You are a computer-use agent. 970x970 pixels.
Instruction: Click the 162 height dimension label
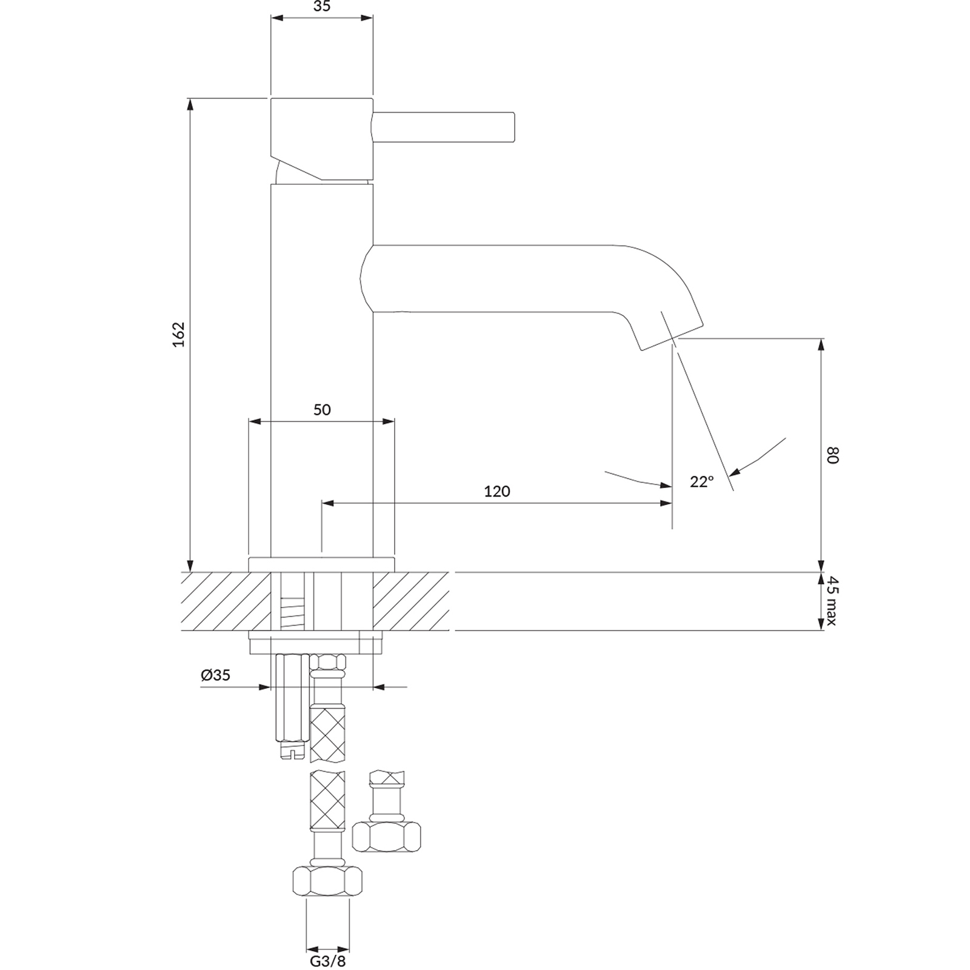coord(178,334)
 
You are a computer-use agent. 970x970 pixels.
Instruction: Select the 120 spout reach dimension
coord(497,491)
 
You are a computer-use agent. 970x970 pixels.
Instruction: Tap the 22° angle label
coord(701,482)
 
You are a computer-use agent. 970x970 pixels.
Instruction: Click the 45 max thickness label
coord(832,601)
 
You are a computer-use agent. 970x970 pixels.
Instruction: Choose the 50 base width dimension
coord(322,410)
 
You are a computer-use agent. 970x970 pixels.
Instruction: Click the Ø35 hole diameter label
coord(216,675)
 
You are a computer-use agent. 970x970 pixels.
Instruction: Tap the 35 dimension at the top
coord(322,7)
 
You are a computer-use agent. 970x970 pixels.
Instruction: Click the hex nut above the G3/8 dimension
coord(327,881)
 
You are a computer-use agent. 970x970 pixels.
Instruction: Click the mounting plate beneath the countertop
coord(316,643)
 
